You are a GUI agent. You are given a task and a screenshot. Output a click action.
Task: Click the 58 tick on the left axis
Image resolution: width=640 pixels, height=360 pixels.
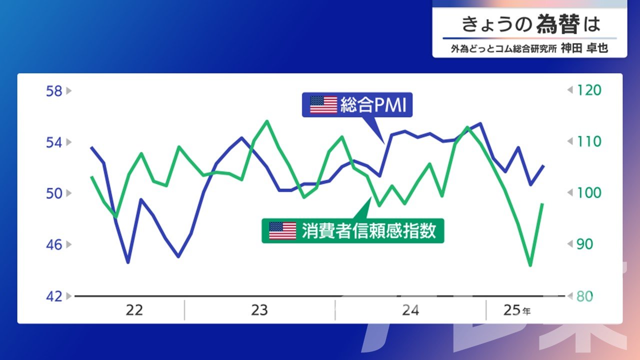54,91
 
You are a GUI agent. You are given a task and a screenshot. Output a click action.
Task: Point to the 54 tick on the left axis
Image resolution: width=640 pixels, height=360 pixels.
54,142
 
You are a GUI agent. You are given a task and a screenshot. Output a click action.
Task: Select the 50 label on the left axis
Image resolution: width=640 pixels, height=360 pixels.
54,193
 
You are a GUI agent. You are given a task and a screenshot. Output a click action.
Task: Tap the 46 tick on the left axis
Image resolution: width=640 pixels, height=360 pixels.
54,245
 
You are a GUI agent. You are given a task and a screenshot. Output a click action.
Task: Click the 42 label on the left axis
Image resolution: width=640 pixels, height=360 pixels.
54,296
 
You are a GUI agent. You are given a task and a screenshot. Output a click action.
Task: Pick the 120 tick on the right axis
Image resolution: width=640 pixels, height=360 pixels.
589,90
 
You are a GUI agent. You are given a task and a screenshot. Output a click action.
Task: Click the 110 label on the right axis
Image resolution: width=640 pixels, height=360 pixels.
589,141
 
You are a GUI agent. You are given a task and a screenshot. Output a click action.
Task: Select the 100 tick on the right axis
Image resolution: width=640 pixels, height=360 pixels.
589,193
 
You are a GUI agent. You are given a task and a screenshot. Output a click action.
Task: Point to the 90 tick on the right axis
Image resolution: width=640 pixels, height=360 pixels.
584,244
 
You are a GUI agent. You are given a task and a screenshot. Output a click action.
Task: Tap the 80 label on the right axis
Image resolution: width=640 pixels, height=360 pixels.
584,296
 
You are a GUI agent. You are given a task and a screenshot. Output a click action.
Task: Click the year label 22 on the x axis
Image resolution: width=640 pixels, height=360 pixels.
134,310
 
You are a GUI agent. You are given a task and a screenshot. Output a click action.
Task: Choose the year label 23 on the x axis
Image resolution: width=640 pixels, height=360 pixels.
259,310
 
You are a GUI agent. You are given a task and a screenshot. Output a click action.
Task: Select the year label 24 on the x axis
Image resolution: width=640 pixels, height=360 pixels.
410,310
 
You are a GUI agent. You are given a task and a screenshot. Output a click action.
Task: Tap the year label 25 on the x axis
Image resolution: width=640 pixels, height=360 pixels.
512,310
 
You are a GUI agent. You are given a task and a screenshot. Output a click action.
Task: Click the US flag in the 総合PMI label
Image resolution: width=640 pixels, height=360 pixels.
323,105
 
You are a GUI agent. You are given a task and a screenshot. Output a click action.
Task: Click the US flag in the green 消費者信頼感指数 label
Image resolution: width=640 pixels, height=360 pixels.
282,231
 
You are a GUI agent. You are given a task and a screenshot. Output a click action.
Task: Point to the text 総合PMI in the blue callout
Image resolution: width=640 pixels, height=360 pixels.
373,105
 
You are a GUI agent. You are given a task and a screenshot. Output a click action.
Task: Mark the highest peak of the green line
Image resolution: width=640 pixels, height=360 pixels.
267,121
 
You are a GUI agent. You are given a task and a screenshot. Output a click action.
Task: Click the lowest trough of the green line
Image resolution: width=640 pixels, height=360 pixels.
530,265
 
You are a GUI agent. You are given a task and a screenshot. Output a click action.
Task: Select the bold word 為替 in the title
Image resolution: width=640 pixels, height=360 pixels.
558,24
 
